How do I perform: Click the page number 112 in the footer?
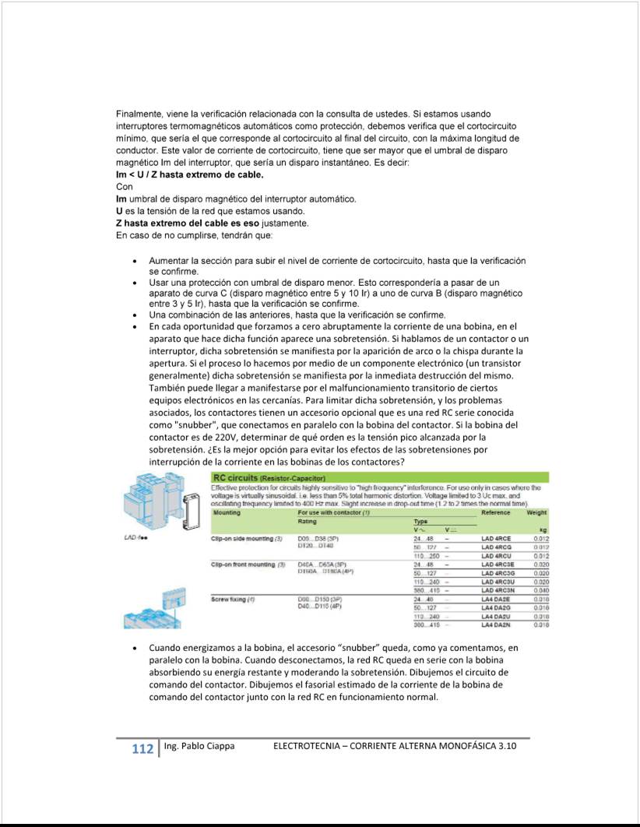(x=142, y=749)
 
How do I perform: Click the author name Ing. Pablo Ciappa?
(x=198, y=747)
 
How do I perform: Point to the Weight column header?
(x=537, y=512)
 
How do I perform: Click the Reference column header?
(x=496, y=512)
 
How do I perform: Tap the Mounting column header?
(x=227, y=512)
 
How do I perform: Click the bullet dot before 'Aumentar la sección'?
(x=136, y=261)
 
